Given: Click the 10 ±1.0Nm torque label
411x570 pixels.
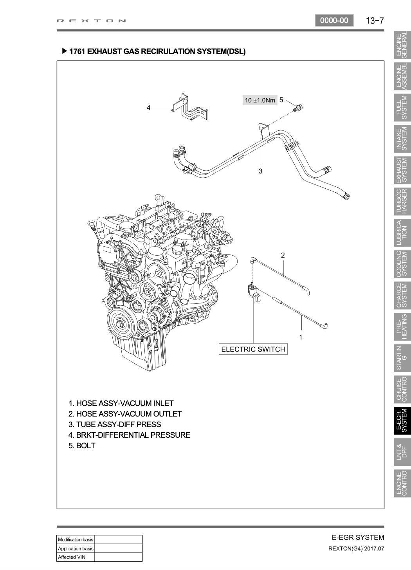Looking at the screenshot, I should click(x=260, y=100).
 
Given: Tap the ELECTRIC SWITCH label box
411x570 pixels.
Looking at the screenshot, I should click(x=253, y=349).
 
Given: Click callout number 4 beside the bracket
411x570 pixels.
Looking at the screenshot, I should click(x=148, y=108).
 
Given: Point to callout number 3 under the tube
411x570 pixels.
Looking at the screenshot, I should click(x=260, y=171).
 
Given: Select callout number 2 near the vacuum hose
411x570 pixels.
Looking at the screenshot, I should click(x=283, y=255).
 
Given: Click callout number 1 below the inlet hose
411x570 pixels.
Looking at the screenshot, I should click(x=301, y=337).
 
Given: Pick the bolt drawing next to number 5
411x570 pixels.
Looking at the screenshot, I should click(x=298, y=107).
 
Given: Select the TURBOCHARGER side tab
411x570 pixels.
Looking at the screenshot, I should click(x=402, y=202).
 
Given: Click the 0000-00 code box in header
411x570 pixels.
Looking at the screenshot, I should click(x=334, y=20).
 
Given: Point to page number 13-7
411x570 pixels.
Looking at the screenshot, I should click(x=375, y=21).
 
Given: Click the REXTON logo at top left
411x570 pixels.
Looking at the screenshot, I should click(x=92, y=21).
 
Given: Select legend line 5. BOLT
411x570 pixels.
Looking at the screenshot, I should click(x=82, y=446).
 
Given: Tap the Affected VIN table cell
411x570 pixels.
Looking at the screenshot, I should click(x=76, y=557).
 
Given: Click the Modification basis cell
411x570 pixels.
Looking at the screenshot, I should click(x=76, y=539).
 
